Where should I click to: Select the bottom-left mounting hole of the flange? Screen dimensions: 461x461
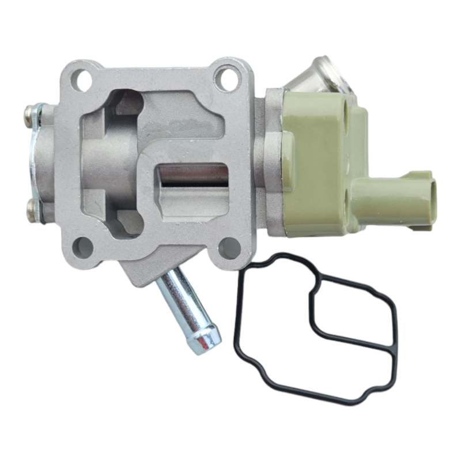click(x=83, y=247)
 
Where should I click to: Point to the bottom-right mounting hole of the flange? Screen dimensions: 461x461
click(x=229, y=248)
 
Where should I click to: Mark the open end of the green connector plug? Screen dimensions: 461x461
click(x=428, y=199)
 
